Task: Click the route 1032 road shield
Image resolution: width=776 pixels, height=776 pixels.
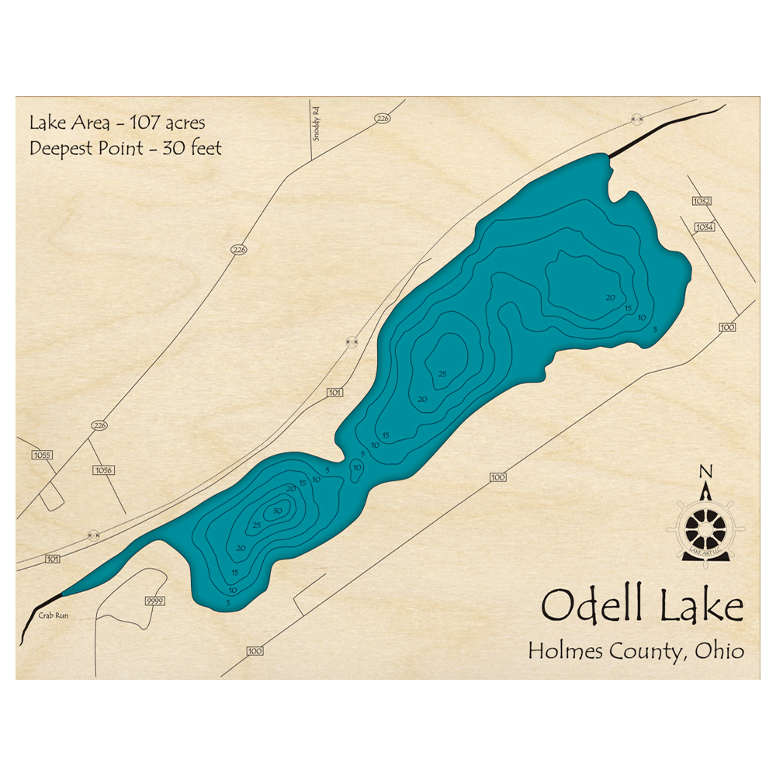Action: tap(702, 201)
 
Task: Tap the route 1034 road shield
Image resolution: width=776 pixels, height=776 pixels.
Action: tap(705, 227)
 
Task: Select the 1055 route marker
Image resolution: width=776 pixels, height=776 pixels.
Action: tap(42, 455)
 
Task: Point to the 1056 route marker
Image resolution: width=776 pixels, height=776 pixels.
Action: tap(103, 470)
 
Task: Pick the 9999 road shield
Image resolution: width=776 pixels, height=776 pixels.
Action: tap(154, 601)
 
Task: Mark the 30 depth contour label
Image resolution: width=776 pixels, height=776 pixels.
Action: tap(277, 511)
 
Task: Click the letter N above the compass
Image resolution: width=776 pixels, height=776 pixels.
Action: tap(705, 471)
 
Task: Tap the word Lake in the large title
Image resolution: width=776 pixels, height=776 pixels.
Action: tap(702, 606)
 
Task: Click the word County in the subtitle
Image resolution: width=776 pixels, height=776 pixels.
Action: tap(646, 652)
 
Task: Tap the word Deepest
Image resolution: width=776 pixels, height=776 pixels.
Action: tap(59, 149)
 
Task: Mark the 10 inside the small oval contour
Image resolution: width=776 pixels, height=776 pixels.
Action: tap(357, 468)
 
